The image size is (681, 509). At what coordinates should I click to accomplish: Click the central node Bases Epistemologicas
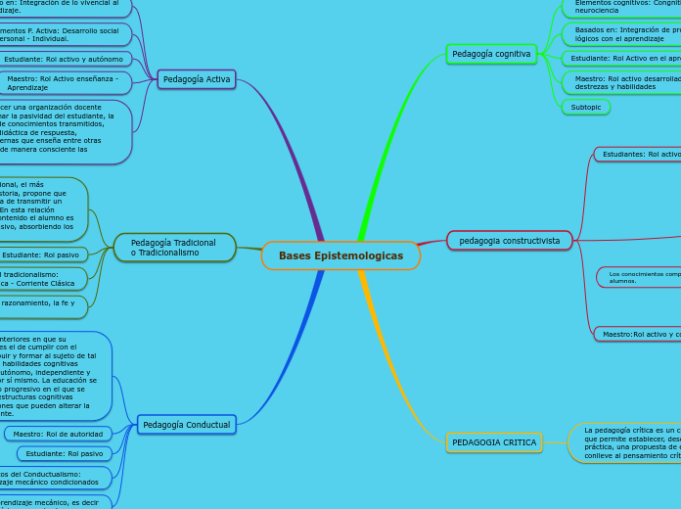(x=340, y=255)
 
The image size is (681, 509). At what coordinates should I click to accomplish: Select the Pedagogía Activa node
(x=197, y=79)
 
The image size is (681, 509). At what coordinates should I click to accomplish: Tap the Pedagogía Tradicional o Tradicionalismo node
(x=174, y=248)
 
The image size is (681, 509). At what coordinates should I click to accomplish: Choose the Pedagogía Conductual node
(x=186, y=425)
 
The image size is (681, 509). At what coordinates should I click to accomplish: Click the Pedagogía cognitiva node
(x=491, y=54)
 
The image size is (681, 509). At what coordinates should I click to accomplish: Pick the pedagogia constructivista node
(x=509, y=240)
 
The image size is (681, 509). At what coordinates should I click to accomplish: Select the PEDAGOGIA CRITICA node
(x=495, y=442)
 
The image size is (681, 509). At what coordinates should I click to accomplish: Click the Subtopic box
(x=585, y=107)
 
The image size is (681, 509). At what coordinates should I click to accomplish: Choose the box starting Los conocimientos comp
(x=641, y=277)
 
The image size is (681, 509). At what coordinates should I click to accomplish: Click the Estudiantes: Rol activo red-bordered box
(x=638, y=154)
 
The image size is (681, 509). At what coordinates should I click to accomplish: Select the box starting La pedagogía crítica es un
(x=626, y=442)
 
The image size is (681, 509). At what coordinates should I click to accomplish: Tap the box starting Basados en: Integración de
(x=623, y=35)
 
